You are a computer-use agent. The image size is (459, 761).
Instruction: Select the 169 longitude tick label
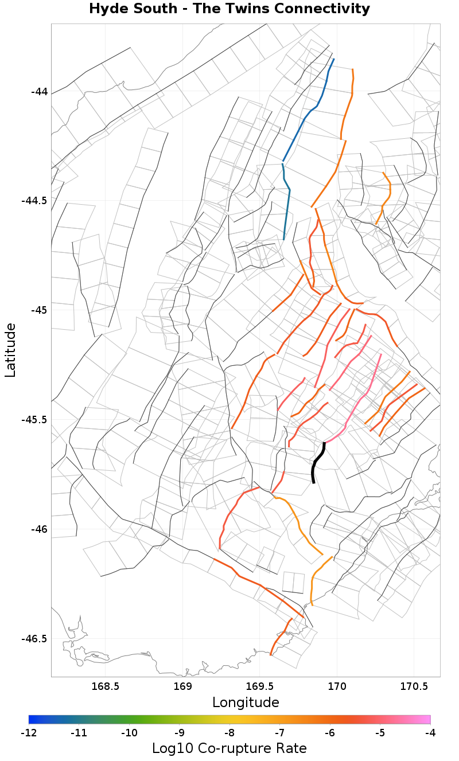tap(182, 686)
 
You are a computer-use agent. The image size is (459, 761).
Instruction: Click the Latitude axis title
tap(10, 350)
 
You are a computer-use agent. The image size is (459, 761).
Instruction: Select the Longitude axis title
tap(246, 703)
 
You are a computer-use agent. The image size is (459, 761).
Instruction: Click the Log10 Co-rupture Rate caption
tap(229, 748)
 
